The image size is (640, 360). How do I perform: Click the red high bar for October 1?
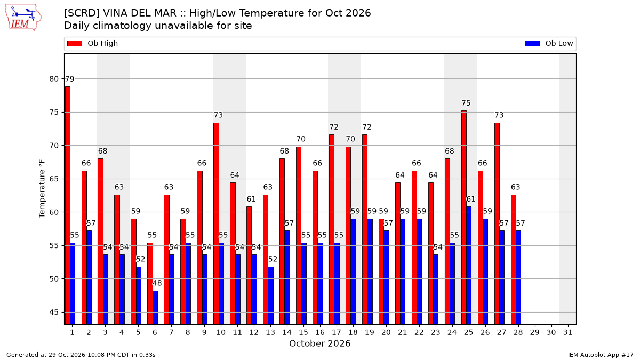68,205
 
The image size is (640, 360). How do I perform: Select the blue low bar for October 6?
155,308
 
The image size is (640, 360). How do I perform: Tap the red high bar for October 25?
464,218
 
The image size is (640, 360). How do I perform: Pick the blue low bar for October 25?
469,266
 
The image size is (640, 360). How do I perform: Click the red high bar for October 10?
217,223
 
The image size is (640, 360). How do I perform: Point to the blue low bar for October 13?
270,295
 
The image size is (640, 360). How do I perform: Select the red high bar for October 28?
514,260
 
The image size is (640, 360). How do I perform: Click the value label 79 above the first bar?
70,79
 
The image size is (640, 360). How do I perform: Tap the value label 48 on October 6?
157,283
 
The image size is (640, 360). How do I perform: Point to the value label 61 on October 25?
471,199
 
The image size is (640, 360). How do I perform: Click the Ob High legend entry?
93,43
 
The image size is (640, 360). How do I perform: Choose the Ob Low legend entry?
549,43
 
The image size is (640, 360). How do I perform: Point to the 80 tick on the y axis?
54,79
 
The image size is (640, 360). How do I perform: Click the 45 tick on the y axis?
54,313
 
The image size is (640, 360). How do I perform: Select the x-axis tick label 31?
567,332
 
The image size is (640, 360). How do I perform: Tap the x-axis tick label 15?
303,332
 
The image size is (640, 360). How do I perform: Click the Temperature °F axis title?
42,189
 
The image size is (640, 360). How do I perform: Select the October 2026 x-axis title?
319,343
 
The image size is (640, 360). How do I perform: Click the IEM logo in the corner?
23,18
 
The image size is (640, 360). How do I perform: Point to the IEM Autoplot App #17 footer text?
601,355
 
